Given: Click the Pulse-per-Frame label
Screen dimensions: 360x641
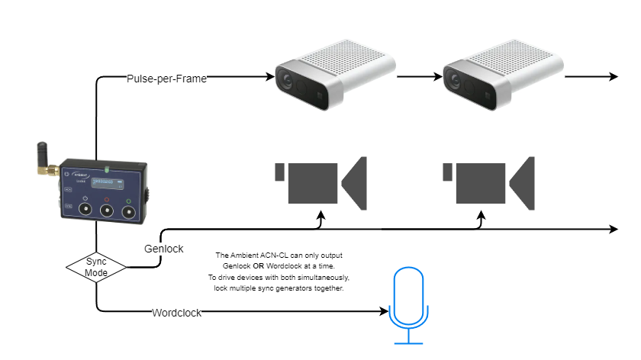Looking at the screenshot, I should (x=167, y=78).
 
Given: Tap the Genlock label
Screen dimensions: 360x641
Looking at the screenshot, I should (x=163, y=249).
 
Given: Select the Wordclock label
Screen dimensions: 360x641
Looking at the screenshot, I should (x=176, y=312).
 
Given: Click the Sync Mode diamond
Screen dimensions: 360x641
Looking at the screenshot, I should (x=96, y=266).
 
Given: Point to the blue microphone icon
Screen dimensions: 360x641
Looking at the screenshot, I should (x=407, y=305).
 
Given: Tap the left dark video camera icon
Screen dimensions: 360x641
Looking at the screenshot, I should (x=320, y=183).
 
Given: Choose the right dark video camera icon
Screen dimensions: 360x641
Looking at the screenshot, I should (x=489, y=183).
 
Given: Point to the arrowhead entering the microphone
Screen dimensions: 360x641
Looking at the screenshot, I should (x=385, y=311).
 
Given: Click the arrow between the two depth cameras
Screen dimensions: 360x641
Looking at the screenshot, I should (x=420, y=77).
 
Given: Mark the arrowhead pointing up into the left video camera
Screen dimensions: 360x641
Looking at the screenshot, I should (x=321, y=216).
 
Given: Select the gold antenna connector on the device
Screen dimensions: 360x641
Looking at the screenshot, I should (x=53, y=172).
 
